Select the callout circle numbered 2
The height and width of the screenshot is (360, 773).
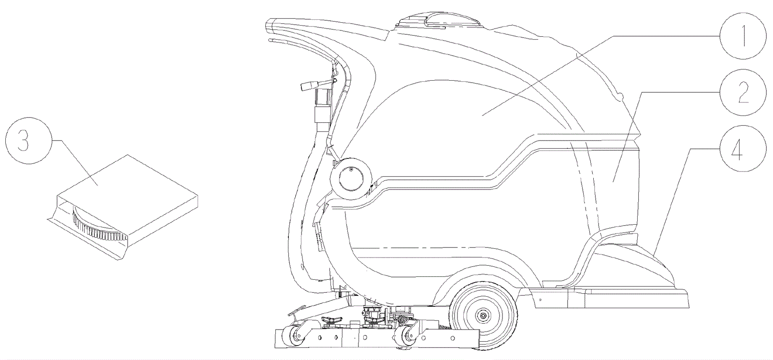point(743,91)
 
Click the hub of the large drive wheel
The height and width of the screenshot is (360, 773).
point(482,316)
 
